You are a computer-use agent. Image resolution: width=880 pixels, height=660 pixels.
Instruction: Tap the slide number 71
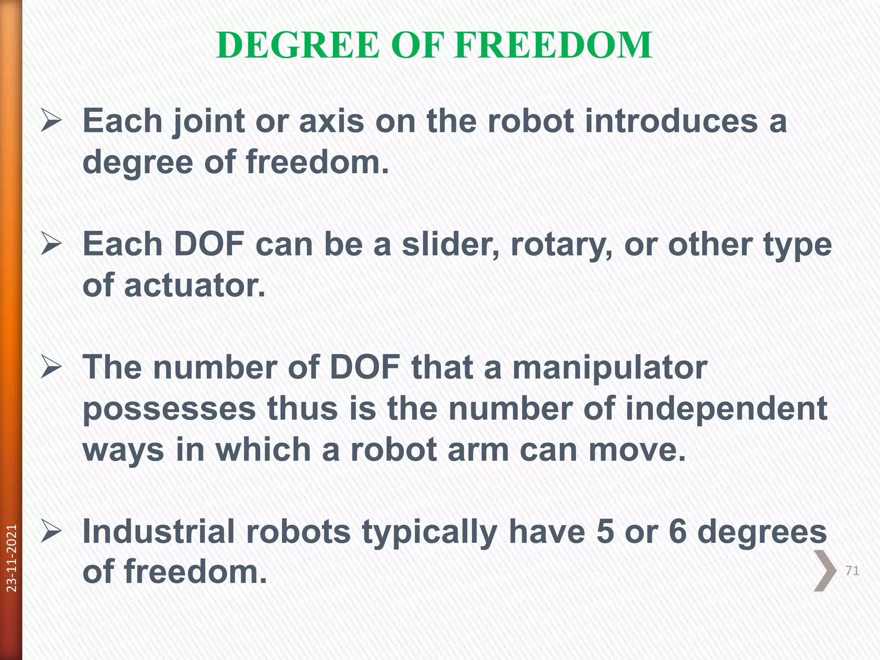point(852,571)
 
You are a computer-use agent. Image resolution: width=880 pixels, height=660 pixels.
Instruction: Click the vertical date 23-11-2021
point(12,558)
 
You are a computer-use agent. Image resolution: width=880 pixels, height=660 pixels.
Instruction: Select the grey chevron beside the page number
point(825,571)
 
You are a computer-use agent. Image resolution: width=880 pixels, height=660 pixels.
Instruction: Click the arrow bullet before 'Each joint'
point(51,121)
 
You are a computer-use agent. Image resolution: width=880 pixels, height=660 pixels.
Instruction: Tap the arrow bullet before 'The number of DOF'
point(51,368)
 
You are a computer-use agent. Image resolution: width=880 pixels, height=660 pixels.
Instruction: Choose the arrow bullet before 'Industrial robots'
point(51,532)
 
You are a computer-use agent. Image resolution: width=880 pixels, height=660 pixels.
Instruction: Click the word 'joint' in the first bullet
point(208,122)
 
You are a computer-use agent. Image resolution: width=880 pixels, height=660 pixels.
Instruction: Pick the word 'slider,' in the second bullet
point(451,245)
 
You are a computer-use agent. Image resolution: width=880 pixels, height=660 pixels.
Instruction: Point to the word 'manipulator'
point(610,369)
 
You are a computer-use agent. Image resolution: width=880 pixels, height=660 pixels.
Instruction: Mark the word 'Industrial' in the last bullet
point(159,532)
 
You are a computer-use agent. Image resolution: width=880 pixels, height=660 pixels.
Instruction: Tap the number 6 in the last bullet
point(678,532)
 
